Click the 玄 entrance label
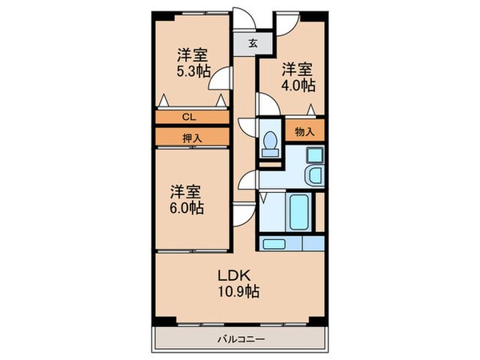click(253, 43)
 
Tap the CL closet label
click(189, 117)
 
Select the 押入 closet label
click(192, 138)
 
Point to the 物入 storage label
click(305, 132)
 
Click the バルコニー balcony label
click(241, 339)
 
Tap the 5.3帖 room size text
click(193, 71)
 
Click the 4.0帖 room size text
click(298, 85)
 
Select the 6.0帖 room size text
click(186, 208)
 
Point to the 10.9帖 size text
click(238, 291)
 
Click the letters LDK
click(234, 276)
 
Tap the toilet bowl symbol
click(270, 144)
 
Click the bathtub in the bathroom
click(298, 212)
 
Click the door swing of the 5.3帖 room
click(219, 78)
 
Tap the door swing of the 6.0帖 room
click(243, 214)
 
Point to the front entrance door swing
click(244, 18)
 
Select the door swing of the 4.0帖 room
click(267, 104)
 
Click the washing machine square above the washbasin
click(315, 154)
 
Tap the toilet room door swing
click(247, 126)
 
